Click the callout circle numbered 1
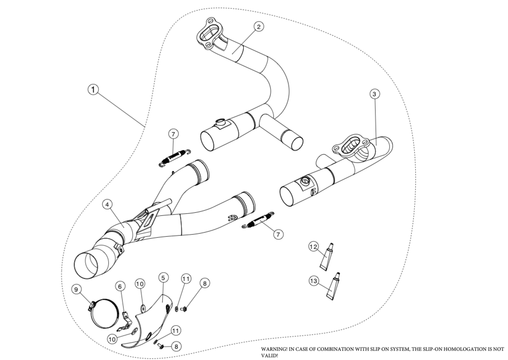93,90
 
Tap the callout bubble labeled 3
374,94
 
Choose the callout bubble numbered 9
77,289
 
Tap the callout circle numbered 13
314,280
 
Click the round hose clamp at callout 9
108,311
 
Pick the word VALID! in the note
270,356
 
